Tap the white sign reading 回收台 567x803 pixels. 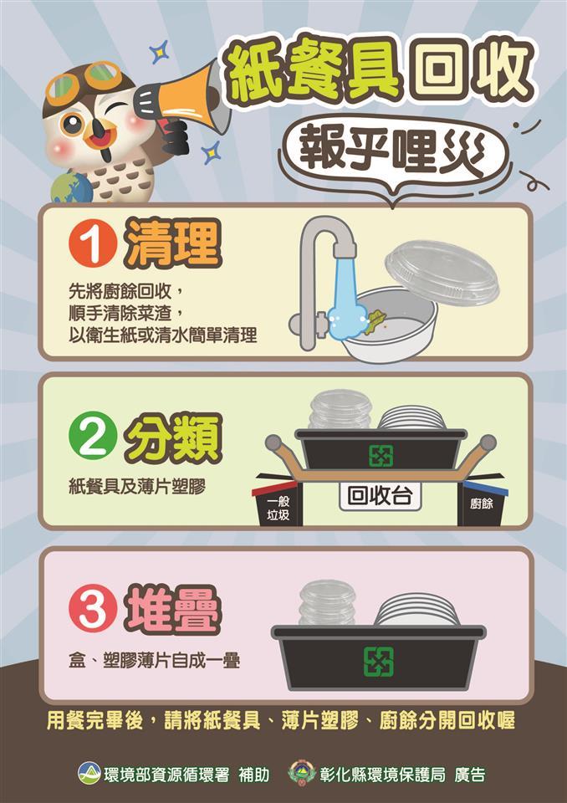[x=380, y=495]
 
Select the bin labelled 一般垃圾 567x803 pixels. [x=278, y=505]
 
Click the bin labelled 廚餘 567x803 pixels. [x=482, y=504]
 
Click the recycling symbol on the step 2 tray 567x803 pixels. [x=381, y=455]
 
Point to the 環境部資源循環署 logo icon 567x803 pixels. [x=89, y=773]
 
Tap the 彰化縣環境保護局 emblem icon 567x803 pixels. [x=302, y=773]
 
